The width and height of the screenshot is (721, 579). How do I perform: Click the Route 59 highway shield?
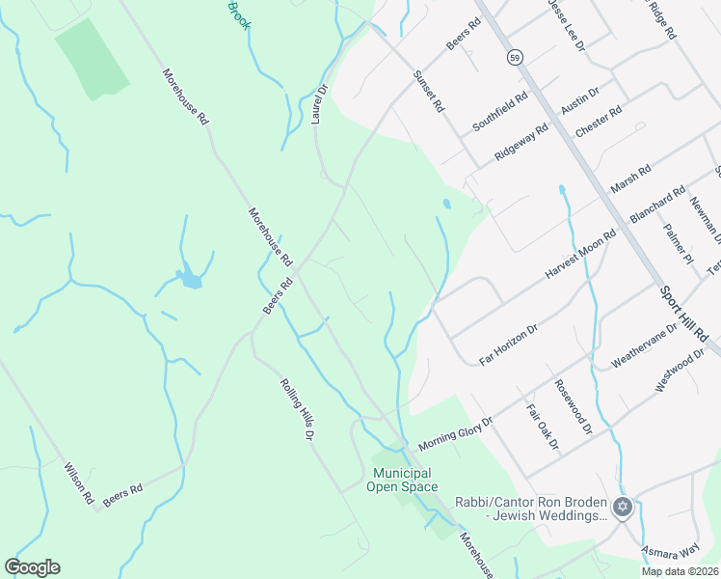[517, 57]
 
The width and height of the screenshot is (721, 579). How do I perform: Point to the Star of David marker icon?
[623, 507]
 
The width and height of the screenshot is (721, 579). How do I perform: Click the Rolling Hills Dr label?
[298, 409]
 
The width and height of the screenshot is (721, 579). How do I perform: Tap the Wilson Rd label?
[78, 483]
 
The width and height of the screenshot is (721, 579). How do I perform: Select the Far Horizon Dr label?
[507, 341]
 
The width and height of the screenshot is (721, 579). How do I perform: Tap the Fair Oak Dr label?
[543, 425]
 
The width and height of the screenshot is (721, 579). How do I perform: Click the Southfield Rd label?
[500, 112]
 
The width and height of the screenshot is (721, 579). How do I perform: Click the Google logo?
[32, 567]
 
